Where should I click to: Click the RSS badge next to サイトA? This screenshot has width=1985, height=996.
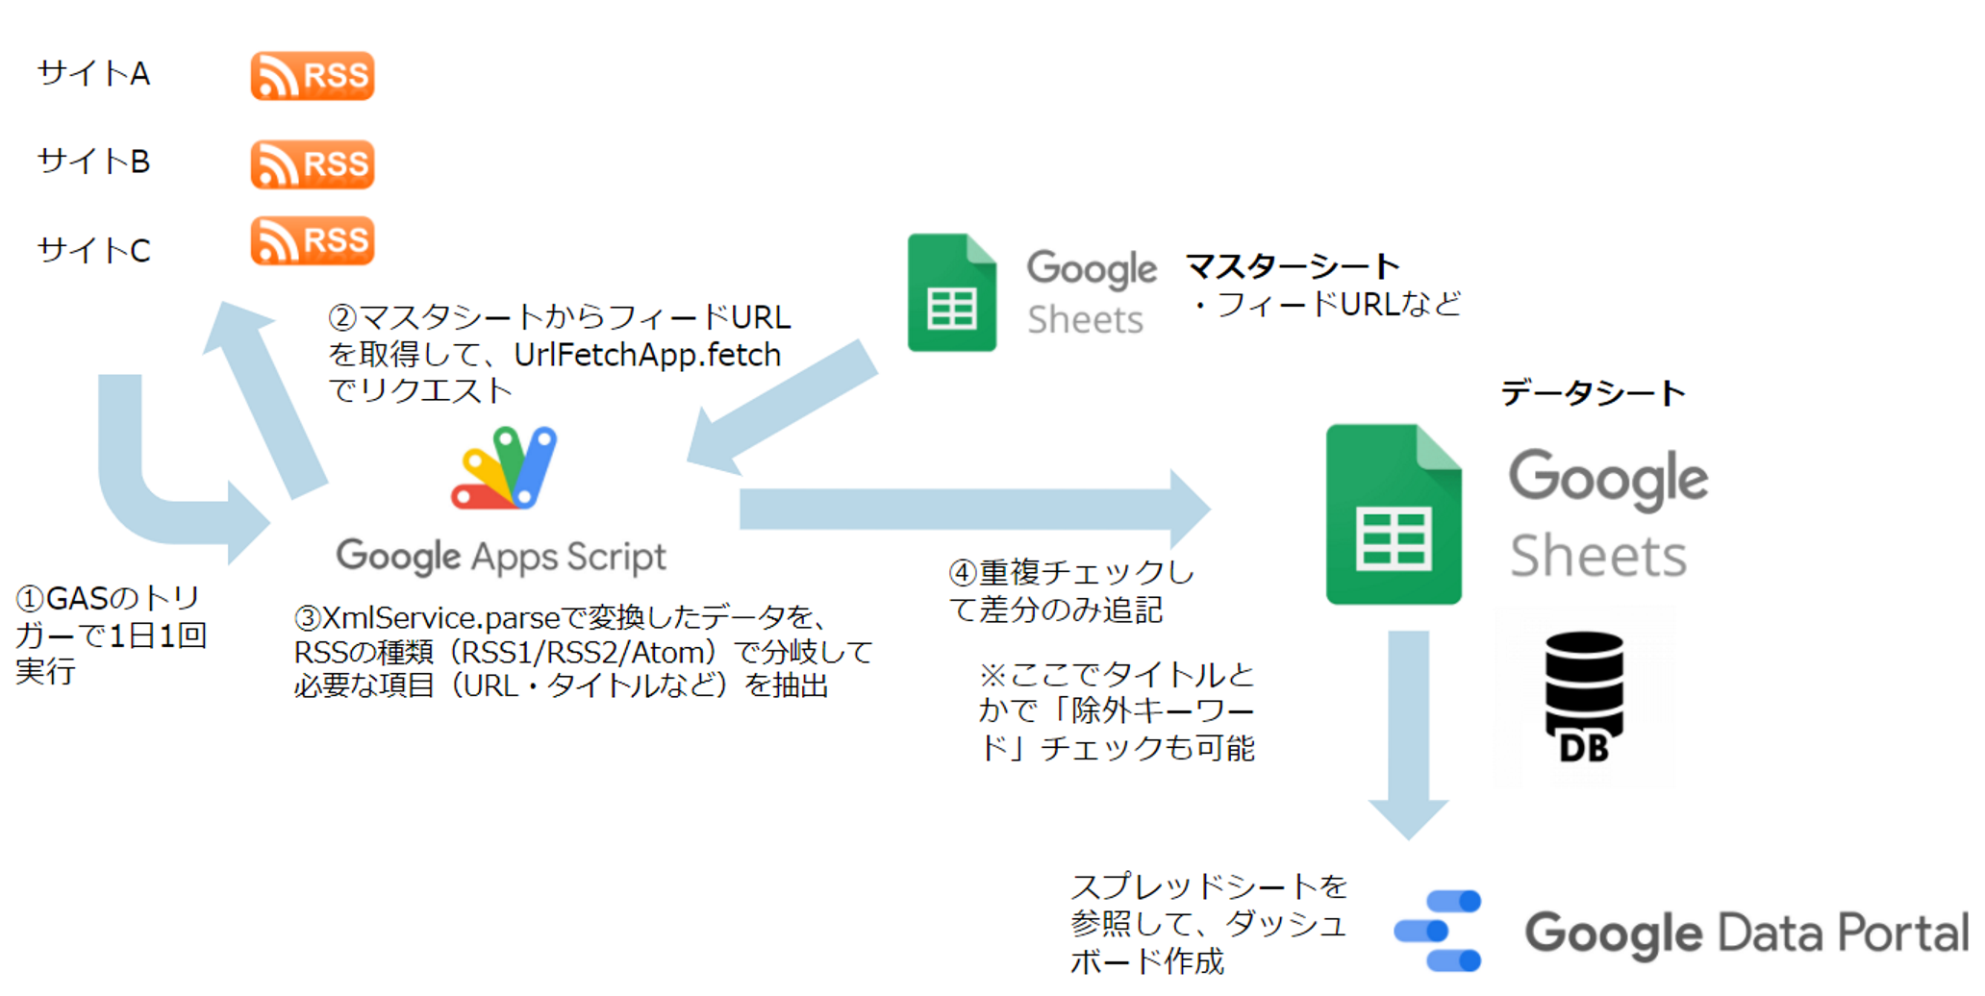pyautogui.click(x=313, y=76)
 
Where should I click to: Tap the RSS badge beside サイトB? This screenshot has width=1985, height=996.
pyautogui.click(x=313, y=164)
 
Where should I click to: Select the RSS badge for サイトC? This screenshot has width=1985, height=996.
pyautogui.click(x=313, y=240)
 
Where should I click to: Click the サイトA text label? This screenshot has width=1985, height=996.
pyautogui.click(x=93, y=74)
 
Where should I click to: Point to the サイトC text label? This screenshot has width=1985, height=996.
pyautogui.click(x=93, y=251)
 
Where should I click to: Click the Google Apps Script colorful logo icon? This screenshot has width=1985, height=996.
pyautogui.click(x=504, y=468)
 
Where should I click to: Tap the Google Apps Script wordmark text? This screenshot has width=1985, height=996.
pyautogui.click(x=501, y=557)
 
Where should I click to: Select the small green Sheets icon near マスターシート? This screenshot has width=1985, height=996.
pyautogui.click(x=951, y=293)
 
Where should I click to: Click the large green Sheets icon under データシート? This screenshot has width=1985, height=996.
pyautogui.click(x=1393, y=514)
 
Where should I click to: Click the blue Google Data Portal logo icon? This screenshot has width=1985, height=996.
pyautogui.click(x=1439, y=931)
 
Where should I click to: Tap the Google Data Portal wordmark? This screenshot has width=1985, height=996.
pyautogui.click(x=1746, y=933)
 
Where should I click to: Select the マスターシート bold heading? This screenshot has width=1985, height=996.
pyautogui.click(x=1292, y=266)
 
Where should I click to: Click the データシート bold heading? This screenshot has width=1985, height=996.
pyautogui.click(x=1593, y=393)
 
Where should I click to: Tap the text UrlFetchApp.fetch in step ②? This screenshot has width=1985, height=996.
pyautogui.click(x=647, y=355)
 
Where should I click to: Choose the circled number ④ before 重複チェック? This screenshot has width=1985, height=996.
pyautogui.click(x=963, y=574)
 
